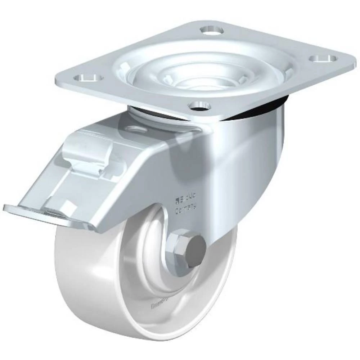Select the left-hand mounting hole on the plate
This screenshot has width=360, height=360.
tap(88, 77)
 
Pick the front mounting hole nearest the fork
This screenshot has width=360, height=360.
tap(200, 105)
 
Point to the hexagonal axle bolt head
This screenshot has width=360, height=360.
tap(180, 245)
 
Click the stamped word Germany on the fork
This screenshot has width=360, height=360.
tap(186, 210)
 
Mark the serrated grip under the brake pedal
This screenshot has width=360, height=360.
tap(54, 216)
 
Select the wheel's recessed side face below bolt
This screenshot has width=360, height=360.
tap(173, 306)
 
